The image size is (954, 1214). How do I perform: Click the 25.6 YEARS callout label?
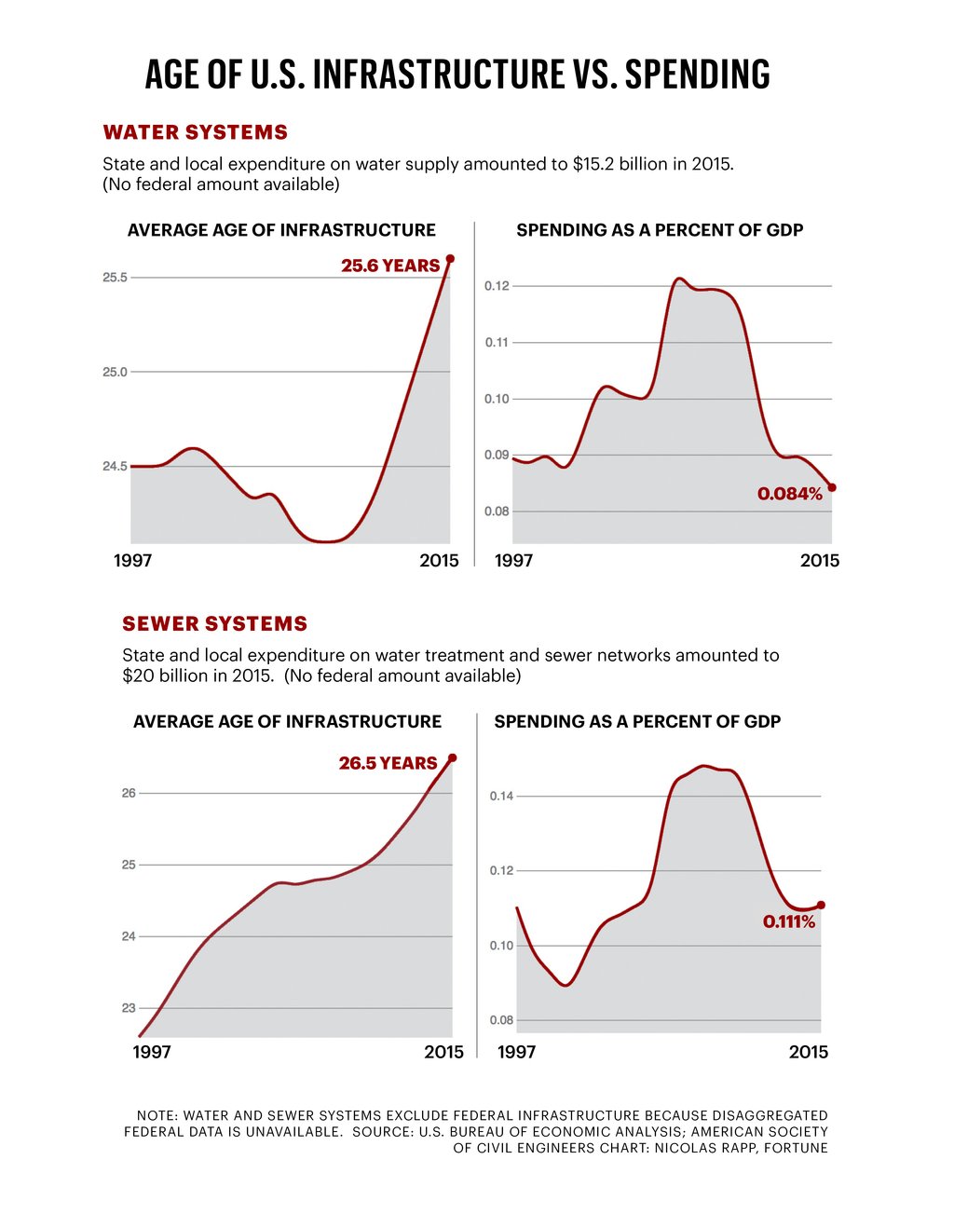tap(390, 266)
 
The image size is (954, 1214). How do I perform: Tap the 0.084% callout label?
tap(790, 494)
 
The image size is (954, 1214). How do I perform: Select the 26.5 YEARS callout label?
tap(388, 763)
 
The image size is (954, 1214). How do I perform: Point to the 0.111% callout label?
tap(789, 921)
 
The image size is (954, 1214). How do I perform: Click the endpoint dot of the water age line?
tap(450, 258)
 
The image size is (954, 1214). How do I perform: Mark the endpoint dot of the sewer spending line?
tap(821, 905)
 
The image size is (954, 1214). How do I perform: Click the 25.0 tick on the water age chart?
tap(115, 372)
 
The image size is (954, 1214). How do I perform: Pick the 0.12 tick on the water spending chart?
tap(497, 286)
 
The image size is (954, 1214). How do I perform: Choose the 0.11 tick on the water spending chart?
tap(497, 343)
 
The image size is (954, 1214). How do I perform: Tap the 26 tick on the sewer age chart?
tap(129, 793)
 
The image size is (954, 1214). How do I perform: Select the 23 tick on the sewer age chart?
tap(129, 1008)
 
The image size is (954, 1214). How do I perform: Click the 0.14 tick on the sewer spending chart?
tap(501, 797)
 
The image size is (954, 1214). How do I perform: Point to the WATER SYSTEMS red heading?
tap(196, 132)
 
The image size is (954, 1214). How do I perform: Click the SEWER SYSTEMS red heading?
tap(215, 623)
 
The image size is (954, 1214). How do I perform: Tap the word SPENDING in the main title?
tap(698, 75)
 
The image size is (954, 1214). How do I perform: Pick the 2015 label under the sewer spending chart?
tap(808, 1052)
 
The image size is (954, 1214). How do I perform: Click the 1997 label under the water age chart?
tap(132, 560)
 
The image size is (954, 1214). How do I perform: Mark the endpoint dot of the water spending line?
tap(832, 487)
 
